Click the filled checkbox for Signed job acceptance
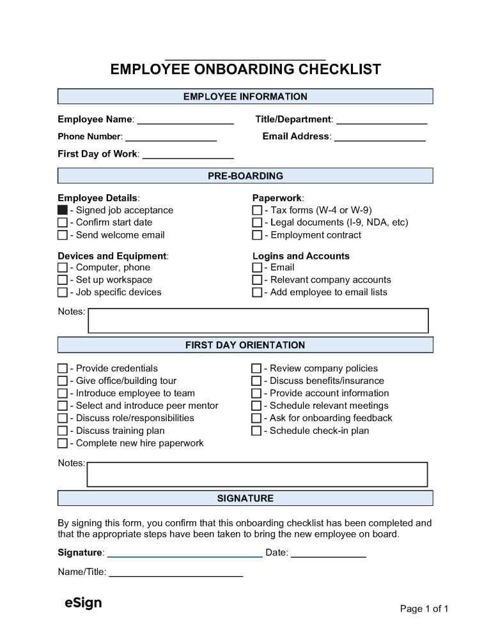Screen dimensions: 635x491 [63, 210]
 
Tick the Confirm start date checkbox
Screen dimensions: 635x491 [63, 222]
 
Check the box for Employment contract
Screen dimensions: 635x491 [257, 235]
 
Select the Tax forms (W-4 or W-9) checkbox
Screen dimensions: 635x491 [257, 210]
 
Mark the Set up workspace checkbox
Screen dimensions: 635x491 [63, 280]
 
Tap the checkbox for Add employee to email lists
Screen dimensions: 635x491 [257, 293]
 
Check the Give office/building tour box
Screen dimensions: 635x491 [63, 381]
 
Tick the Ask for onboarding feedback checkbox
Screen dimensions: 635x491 [256, 418]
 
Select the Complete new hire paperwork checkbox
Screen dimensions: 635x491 [63, 443]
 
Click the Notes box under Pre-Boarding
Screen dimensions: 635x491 [258, 321]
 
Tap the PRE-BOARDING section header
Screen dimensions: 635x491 [245, 176]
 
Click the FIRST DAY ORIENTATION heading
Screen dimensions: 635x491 [245, 345]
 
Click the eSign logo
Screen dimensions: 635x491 [83, 603]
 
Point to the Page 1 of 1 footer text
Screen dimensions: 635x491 [424, 609]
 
